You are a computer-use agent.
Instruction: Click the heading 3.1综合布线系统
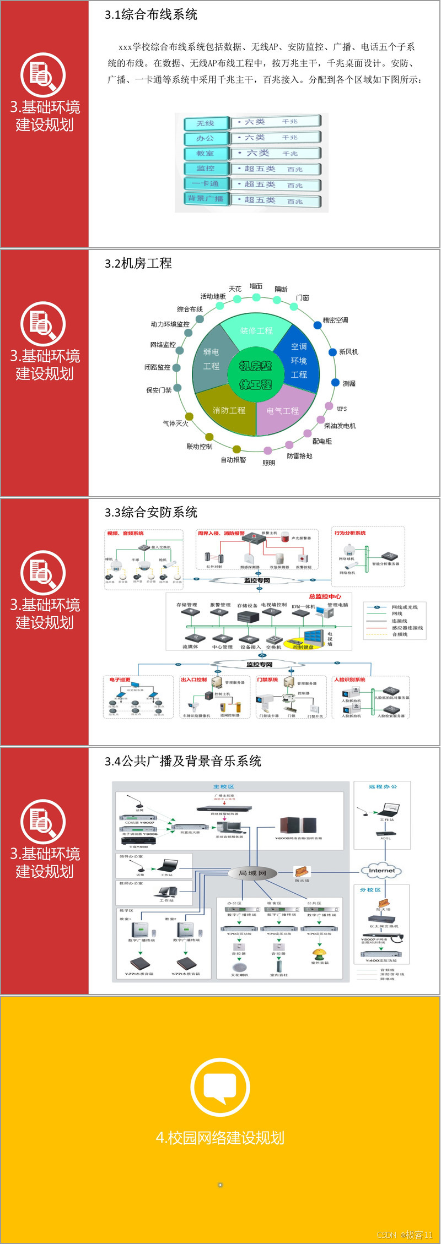(151, 15)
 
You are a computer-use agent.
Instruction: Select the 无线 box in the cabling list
(206, 123)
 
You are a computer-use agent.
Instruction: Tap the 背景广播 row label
(206, 198)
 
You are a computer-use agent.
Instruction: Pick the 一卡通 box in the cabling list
(206, 183)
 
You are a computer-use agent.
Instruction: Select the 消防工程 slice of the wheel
(229, 410)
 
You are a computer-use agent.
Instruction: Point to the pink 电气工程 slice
(283, 410)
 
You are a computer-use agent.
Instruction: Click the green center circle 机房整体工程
(256, 375)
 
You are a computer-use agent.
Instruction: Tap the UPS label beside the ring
(342, 409)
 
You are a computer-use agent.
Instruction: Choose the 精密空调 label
(335, 320)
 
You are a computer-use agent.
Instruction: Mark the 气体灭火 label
(175, 423)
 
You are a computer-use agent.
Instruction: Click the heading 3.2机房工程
(138, 264)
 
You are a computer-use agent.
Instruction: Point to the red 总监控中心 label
(325, 596)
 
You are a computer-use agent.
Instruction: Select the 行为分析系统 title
(350, 533)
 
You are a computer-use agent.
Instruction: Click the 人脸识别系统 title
(349, 680)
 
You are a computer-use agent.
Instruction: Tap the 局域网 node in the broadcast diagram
(252, 873)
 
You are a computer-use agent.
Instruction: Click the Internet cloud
(381, 871)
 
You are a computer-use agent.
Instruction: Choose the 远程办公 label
(383, 786)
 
